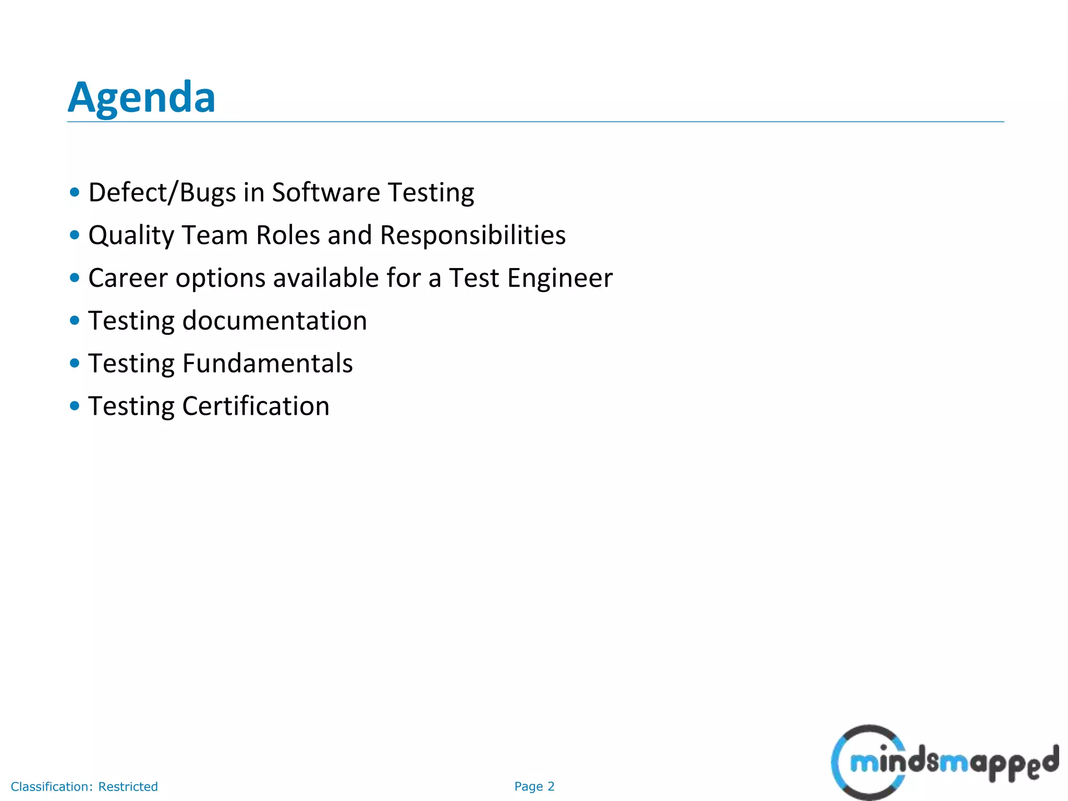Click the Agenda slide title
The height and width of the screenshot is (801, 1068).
click(x=141, y=98)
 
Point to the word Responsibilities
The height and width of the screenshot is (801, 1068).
click(x=472, y=236)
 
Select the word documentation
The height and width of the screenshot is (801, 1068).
click(x=274, y=321)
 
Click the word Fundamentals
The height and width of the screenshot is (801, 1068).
click(x=267, y=363)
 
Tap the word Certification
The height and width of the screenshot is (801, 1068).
click(x=256, y=406)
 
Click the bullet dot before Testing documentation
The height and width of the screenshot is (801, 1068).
click(x=75, y=320)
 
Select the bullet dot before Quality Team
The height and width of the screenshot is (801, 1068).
click(x=75, y=235)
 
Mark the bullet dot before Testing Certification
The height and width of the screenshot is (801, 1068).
click(x=75, y=406)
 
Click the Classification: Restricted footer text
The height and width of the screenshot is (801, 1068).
click(x=84, y=786)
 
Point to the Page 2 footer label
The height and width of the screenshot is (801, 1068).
click(x=535, y=786)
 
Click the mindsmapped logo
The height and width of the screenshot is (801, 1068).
click(x=944, y=762)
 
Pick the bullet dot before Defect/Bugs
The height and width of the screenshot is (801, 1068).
click(x=75, y=192)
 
